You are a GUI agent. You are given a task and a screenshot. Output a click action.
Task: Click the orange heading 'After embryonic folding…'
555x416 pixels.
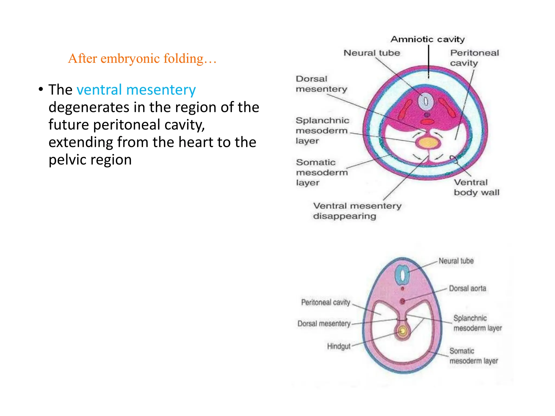click(x=142, y=58)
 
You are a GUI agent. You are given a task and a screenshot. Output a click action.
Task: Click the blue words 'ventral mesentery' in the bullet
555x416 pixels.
click(x=136, y=90)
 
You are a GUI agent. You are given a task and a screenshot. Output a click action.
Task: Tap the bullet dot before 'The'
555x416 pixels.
click(x=41, y=89)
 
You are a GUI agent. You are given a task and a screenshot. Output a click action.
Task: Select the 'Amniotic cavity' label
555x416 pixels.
click(x=427, y=40)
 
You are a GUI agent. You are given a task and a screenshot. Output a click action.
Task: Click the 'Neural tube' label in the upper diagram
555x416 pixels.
click(x=372, y=53)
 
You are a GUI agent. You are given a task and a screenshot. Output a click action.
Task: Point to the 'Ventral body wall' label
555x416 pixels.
click(x=476, y=187)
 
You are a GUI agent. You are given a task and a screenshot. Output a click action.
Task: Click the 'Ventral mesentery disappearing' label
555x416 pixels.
click(x=357, y=211)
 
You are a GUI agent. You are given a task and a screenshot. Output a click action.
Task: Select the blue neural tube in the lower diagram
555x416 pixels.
click(x=403, y=275)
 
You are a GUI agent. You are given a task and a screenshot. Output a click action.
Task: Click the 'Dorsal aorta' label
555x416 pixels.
click(x=467, y=288)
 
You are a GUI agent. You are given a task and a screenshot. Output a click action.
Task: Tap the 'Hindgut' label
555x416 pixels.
click(x=339, y=346)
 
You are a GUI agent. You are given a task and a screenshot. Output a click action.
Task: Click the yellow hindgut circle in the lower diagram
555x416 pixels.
click(x=403, y=331)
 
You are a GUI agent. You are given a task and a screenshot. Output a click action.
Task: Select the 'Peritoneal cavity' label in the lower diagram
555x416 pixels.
click(x=326, y=302)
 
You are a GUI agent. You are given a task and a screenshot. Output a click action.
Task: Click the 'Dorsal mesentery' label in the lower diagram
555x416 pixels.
click(x=324, y=324)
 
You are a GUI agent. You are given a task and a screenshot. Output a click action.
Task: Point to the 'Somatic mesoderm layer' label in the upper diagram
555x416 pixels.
click(x=322, y=173)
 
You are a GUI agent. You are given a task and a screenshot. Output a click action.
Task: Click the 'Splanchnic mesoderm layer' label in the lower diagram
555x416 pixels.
click(x=477, y=323)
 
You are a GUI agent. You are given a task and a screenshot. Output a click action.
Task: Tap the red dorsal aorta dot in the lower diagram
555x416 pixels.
click(x=402, y=301)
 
